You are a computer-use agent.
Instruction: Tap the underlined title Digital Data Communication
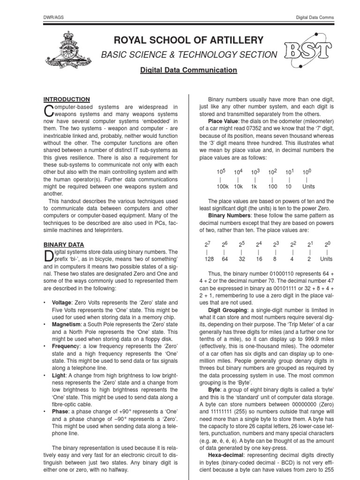189,70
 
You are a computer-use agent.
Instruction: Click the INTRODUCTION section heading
67,99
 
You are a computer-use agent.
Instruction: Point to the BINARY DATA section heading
64,245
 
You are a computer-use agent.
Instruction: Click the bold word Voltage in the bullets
62,303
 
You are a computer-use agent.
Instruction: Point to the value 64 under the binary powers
225,259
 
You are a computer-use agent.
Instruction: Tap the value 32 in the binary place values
242,259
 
